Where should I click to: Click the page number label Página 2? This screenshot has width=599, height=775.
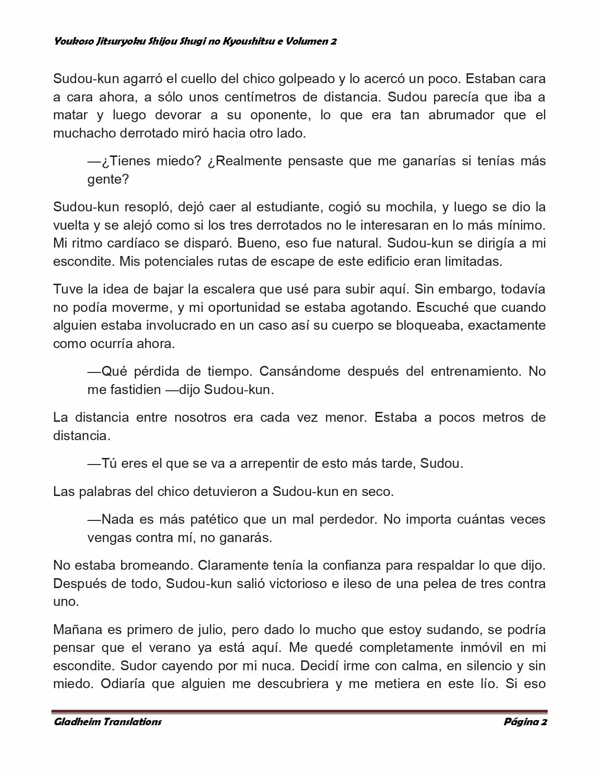(x=525, y=722)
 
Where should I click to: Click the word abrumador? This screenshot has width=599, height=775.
(x=460, y=115)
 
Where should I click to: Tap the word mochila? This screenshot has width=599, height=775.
(x=411, y=207)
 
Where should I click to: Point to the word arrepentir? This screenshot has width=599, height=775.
(x=270, y=464)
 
